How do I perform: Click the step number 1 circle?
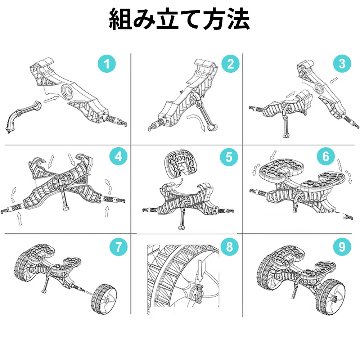(x=107, y=64)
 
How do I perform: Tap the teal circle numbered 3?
(x=342, y=64)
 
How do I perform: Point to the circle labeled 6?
(x=326, y=156)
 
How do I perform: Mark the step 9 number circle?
(x=342, y=247)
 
